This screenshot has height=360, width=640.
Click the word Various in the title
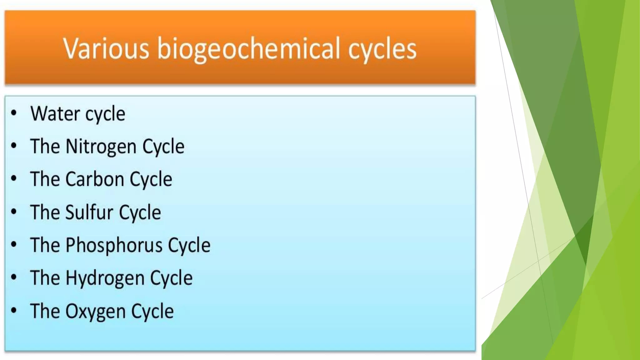tap(106, 48)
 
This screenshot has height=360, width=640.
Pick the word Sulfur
tap(89, 212)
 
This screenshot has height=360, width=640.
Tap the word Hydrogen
tap(105, 278)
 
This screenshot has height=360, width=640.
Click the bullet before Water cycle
tap(14, 113)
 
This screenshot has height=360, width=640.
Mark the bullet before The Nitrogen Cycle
tap(14, 146)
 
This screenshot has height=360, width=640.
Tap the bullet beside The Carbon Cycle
tap(14, 179)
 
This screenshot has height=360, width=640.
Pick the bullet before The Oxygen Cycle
tap(14, 311)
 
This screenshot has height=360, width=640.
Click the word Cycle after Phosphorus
tap(189, 245)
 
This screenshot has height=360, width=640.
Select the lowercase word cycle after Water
tap(105, 114)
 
